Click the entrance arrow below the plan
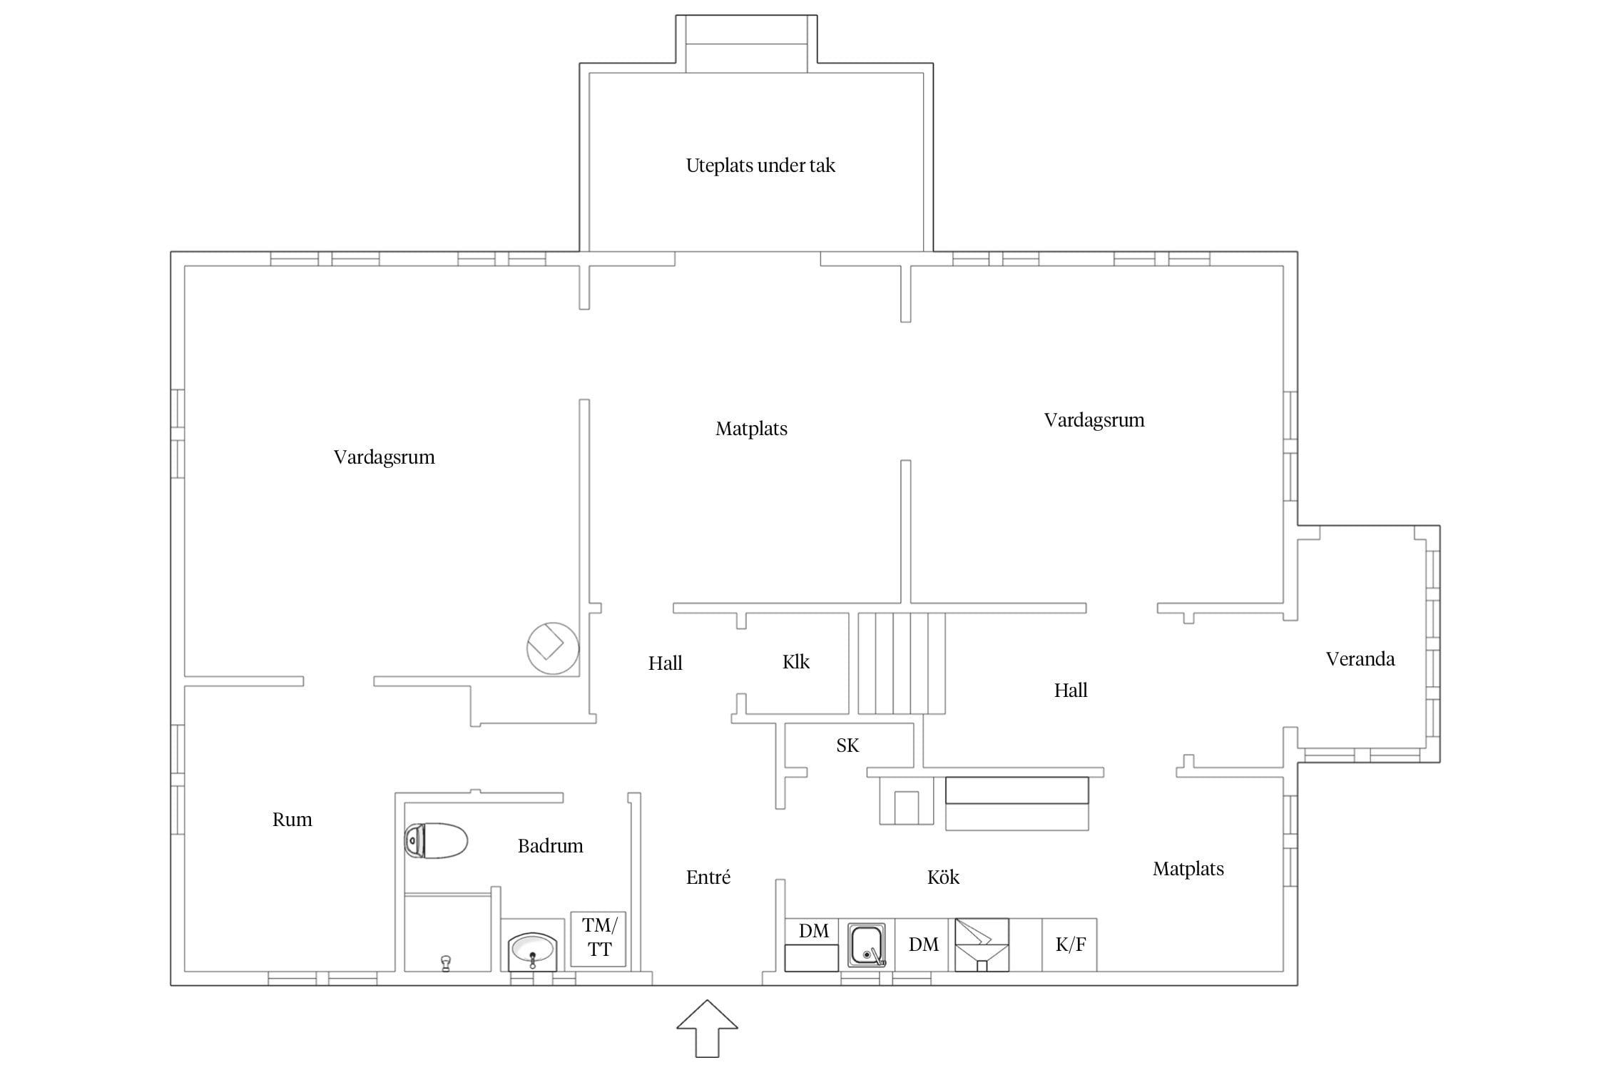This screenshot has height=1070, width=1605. tap(707, 1028)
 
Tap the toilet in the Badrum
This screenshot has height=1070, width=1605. tap(436, 840)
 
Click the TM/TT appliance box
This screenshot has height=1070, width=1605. tap(598, 939)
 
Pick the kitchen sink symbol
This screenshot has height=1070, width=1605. tap(867, 945)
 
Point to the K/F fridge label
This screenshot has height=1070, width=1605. tap(1071, 944)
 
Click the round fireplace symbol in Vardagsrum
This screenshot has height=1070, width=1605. tap(553, 648)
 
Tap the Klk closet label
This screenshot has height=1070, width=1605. tap(796, 662)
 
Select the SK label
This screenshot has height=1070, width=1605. tap(847, 745)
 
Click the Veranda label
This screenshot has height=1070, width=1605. tap(1360, 659)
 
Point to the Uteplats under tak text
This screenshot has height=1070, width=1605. tap(760, 165)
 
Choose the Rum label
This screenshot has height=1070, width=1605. tap(292, 820)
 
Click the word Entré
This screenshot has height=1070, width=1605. tap(708, 877)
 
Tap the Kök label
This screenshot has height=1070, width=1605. tap(943, 877)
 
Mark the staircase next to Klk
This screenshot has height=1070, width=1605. tap(902, 663)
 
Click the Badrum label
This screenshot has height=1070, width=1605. tap(551, 846)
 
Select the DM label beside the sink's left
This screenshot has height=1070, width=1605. tap(814, 931)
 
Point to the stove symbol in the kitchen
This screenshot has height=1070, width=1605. tap(982, 944)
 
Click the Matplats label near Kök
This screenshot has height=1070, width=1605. tap(1188, 869)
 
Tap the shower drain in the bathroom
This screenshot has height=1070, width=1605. tap(447, 963)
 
